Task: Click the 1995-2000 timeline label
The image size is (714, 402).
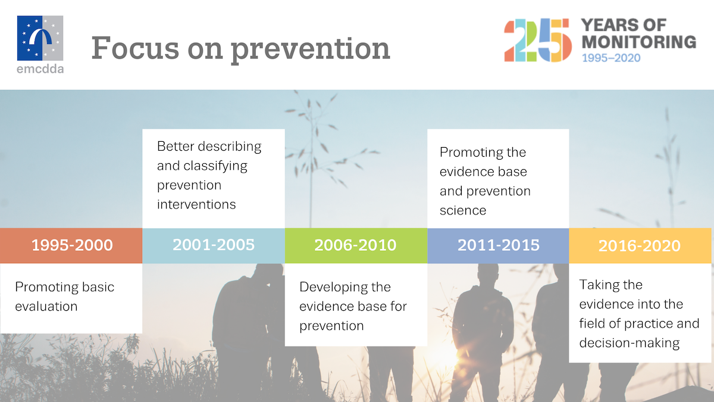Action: tap(72, 245)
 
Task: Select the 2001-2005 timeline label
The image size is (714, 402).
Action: tap(214, 244)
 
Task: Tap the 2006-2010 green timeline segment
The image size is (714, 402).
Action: tap(355, 245)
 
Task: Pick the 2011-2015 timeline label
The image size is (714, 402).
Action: tap(498, 245)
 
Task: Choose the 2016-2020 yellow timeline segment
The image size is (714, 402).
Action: tap(640, 246)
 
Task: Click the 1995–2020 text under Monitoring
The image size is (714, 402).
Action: tap(611, 58)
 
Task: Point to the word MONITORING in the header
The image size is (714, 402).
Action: tap(638, 42)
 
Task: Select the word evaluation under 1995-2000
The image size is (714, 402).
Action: tap(46, 307)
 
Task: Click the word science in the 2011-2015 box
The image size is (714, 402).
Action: tap(463, 210)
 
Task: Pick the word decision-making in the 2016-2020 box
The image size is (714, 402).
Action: tap(630, 343)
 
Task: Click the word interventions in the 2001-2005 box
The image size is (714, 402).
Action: tap(196, 204)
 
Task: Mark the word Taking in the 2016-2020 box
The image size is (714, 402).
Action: tap(598, 285)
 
